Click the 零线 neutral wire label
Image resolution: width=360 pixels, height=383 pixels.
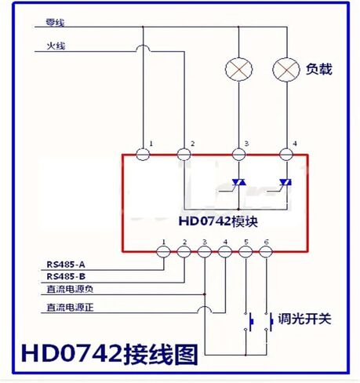pyautogui.click(x=55, y=23)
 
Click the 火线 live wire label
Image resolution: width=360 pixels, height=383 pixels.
pyautogui.click(x=56, y=46)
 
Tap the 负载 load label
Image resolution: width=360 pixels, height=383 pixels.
pyautogui.click(x=319, y=69)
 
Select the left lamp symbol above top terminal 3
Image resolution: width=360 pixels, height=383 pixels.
pyautogui.click(x=238, y=69)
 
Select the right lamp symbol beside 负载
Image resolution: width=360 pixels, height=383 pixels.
pyautogui.click(x=286, y=69)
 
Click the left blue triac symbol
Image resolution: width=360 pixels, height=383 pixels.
pyautogui.click(x=238, y=182)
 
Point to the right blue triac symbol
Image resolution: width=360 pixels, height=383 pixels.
pyautogui.click(x=285, y=182)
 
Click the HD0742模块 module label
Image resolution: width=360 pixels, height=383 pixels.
pyautogui.click(x=218, y=221)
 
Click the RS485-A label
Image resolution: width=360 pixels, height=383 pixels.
pyautogui.click(x=66, y=264)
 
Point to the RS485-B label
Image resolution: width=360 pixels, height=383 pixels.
pyautogui.click(x=66, y=276)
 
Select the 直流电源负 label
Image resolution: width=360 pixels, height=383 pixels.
pyautogui.click(x=70, y=289)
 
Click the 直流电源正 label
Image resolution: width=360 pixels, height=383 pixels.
pyautogui.click(x=70, y=307)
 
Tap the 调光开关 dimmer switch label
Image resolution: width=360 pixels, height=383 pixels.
pyautogui.click(x=304, y=319)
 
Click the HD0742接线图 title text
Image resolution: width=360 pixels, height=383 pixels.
pyautogui.click(x=109, y=354)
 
